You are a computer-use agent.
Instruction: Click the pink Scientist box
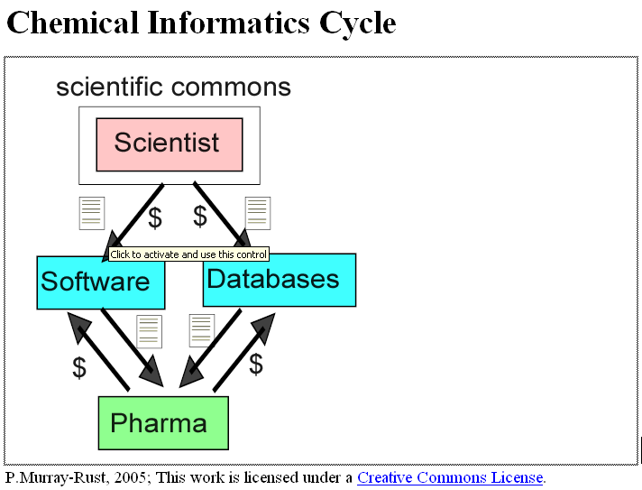click(170, 143)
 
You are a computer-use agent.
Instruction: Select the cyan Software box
click(100, 282)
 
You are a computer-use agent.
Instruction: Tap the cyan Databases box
click(280, 281)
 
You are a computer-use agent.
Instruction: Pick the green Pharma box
click(162, 422)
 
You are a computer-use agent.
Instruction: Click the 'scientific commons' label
click(173, 87)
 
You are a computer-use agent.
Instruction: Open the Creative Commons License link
click(450, 477)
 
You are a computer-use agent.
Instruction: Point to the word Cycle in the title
click(357, 22)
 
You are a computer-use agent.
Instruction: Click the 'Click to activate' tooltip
click(188, 254)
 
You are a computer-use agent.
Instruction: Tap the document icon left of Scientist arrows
click(92, 213)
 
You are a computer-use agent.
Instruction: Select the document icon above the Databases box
click(258, 213)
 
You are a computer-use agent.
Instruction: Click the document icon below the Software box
click(149, 331)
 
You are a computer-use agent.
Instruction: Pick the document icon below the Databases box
click(201, 331)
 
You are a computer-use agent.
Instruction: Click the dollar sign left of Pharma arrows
click(79, 367)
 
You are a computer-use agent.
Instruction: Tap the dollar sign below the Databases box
click(256, 364)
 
